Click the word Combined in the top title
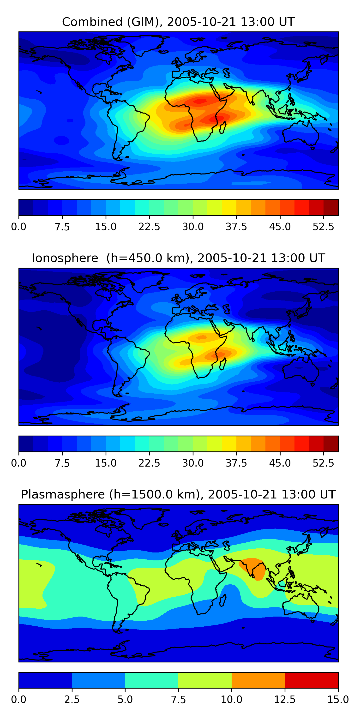click(92, 22)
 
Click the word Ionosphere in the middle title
click(65, 258)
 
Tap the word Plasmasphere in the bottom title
click(63, 494)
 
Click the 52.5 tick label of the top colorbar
click(323, 227)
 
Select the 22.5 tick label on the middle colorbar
click(149, 463)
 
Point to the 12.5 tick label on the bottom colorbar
click(285, 700)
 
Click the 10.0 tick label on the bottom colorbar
click(231, 700)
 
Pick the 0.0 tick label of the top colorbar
click(19, 227)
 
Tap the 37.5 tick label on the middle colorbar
click(236, 463)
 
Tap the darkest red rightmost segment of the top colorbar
click(331, 207)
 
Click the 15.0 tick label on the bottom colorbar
click(338, 700)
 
